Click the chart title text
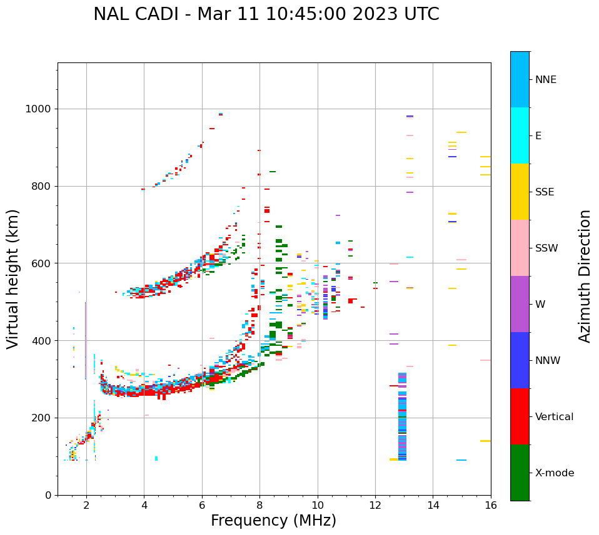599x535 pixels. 266,14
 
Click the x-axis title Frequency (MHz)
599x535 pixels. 273,521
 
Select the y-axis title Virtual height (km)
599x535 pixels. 14,278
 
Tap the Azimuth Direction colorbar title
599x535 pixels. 585,276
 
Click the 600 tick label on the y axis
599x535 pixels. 41,263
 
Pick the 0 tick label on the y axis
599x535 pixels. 48,495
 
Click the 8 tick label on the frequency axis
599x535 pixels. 259,505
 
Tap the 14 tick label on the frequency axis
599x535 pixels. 433,505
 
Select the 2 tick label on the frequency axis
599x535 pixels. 86,505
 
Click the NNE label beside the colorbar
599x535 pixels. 545,80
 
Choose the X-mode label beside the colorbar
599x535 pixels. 554,473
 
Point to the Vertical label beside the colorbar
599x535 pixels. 554,417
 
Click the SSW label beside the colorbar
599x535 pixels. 546,248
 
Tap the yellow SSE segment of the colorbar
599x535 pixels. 520,192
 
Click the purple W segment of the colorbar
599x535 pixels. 520,304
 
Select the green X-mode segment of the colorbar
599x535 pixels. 520,473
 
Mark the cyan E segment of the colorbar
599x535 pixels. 520,135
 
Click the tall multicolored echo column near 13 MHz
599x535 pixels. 402,416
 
